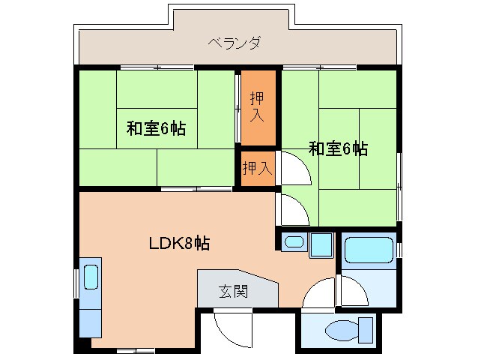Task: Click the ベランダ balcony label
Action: coord(235,42)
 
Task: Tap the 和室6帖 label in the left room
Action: coord(156,127)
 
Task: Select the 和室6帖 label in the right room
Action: coord(338,148)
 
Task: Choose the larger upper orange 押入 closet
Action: coord(257,106)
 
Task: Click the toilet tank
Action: coord(366,328)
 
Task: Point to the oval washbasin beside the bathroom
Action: coord(294,242)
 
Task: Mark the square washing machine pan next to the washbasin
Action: coord(322,244)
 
